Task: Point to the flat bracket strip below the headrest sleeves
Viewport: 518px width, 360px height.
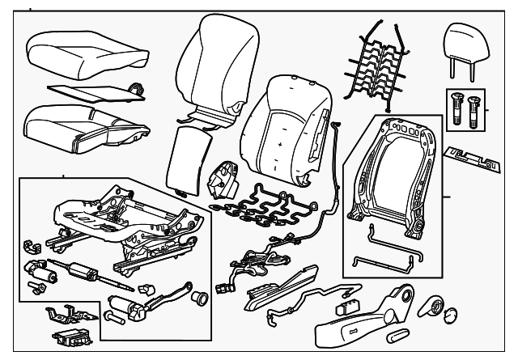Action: tap(474, 157)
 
